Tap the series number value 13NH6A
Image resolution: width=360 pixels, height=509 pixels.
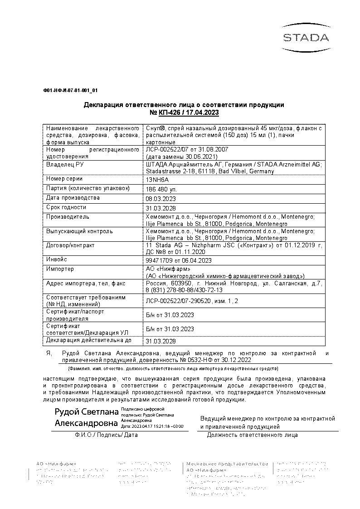156,180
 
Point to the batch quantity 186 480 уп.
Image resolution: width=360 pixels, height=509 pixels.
161,189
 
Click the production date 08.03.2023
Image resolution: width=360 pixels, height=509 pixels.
161,199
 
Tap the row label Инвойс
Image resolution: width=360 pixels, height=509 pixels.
57,259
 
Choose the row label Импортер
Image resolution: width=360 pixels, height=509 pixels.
60,269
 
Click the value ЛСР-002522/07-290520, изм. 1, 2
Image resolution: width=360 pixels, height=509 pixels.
192,300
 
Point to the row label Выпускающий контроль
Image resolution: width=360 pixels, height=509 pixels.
79,231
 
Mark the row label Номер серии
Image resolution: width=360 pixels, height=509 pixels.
64,179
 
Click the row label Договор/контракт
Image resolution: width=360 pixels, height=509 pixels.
70,245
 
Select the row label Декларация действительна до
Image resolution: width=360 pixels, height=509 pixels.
89,340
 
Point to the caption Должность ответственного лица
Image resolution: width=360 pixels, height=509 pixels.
252,435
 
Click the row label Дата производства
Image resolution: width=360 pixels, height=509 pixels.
73,198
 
